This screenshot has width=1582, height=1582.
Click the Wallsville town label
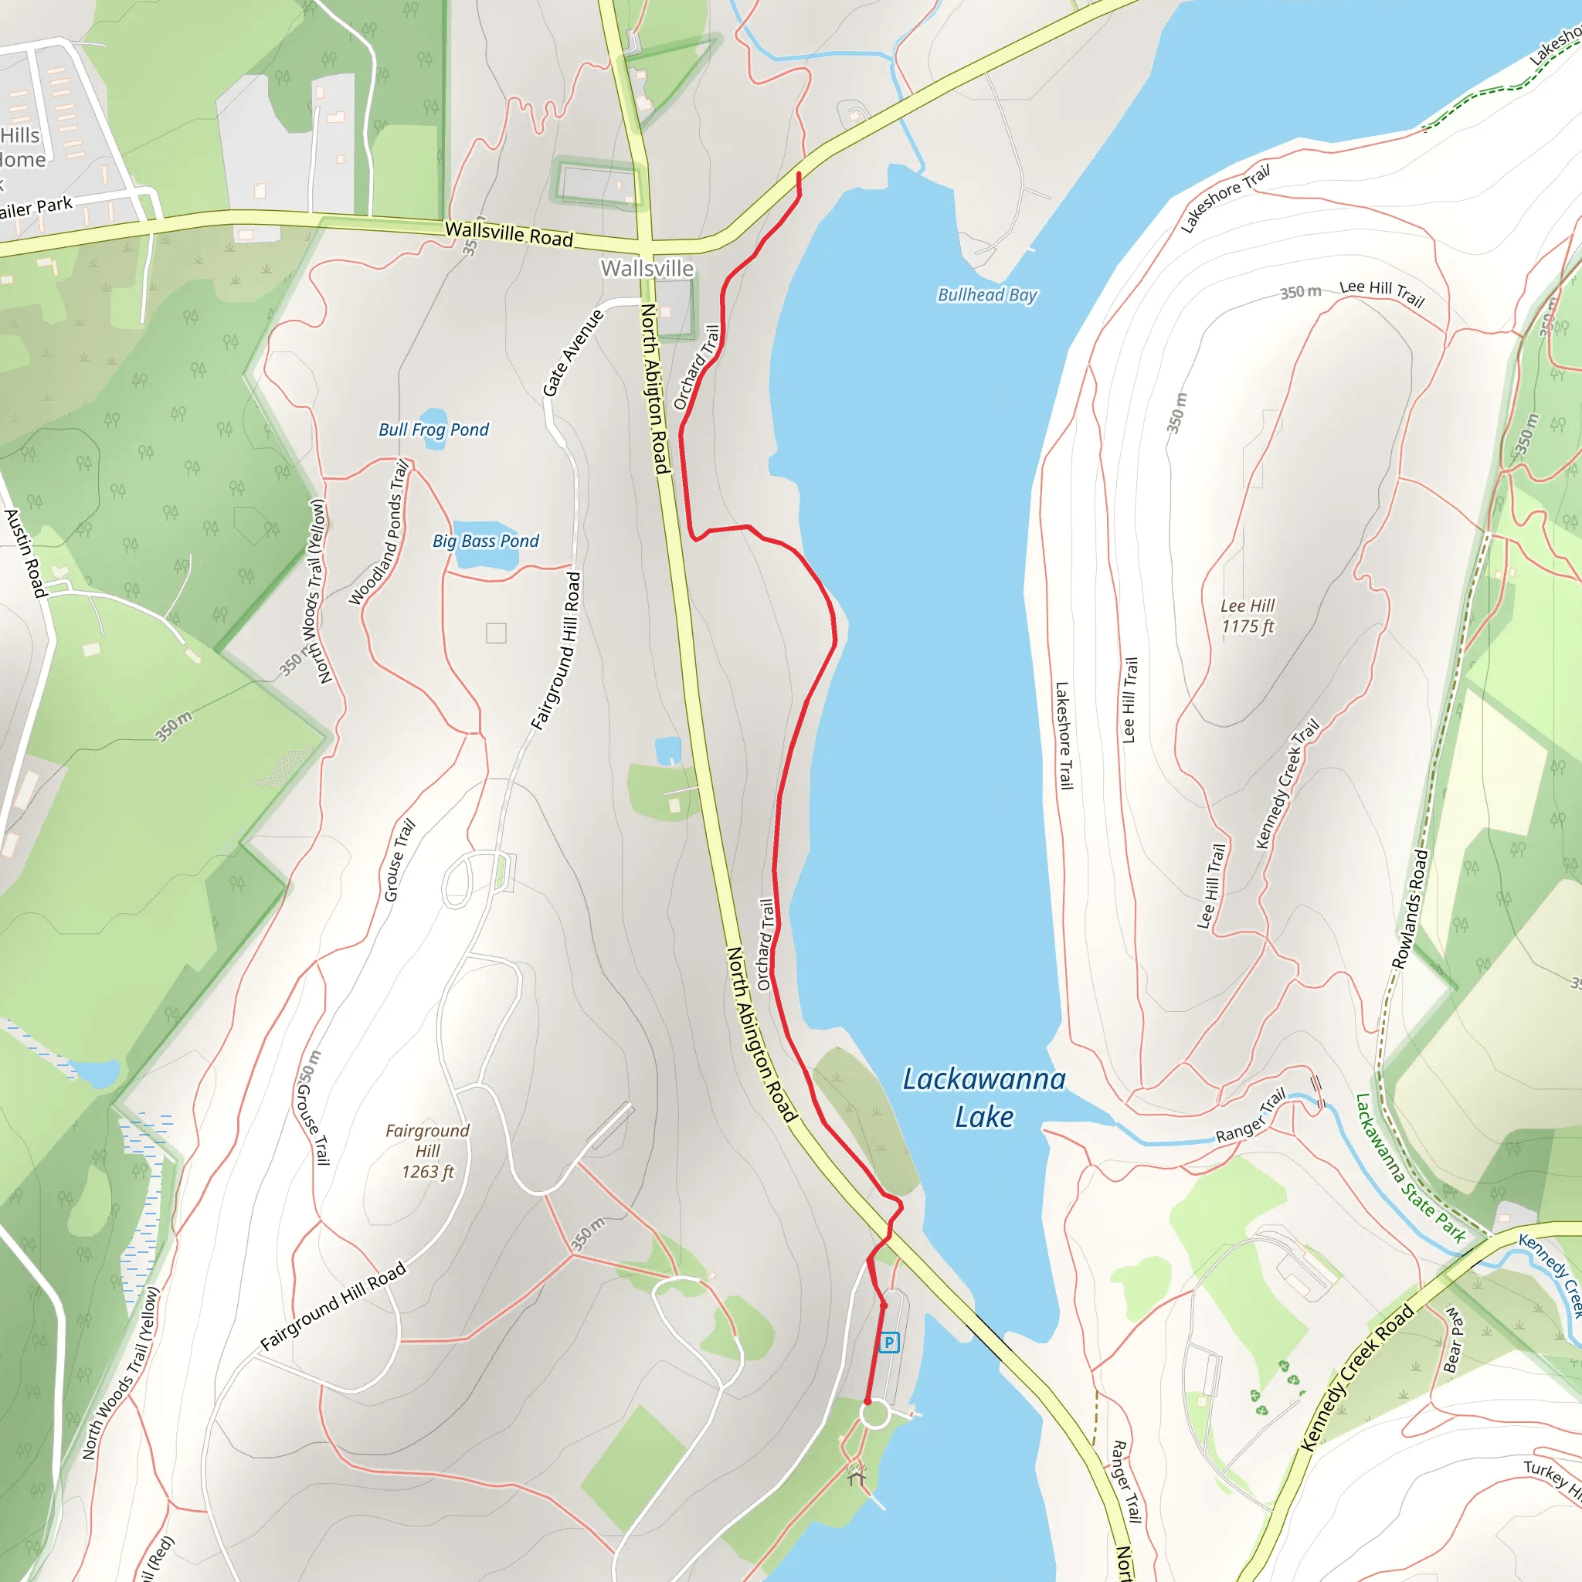coord(647,269)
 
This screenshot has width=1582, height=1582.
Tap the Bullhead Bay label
coord(986,295)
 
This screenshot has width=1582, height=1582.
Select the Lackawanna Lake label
coord(983,1098)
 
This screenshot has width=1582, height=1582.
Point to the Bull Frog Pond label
coord(433,430)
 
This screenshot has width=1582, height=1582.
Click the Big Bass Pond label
coord(486,541)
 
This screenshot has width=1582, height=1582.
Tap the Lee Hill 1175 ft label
coord(1247,616)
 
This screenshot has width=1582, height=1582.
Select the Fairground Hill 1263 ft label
coord(427,1150)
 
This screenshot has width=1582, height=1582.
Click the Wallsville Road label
coord(508,234)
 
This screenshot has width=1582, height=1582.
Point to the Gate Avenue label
coord(572,353)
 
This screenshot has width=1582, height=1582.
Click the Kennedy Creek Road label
coord(1356,1377)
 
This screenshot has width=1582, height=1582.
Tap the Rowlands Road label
coord(1409,909)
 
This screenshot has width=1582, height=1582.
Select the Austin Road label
coord(25,553)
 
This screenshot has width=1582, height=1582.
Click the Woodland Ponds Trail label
coord(379,533)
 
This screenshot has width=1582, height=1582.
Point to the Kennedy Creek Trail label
coord(1287,783)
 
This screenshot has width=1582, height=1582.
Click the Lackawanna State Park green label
coord(1409,1168)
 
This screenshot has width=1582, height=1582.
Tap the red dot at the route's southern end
coord(868,1402)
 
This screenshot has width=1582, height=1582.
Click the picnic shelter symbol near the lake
coord(857,1478)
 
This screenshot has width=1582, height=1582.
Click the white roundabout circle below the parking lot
coord(874,1414)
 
